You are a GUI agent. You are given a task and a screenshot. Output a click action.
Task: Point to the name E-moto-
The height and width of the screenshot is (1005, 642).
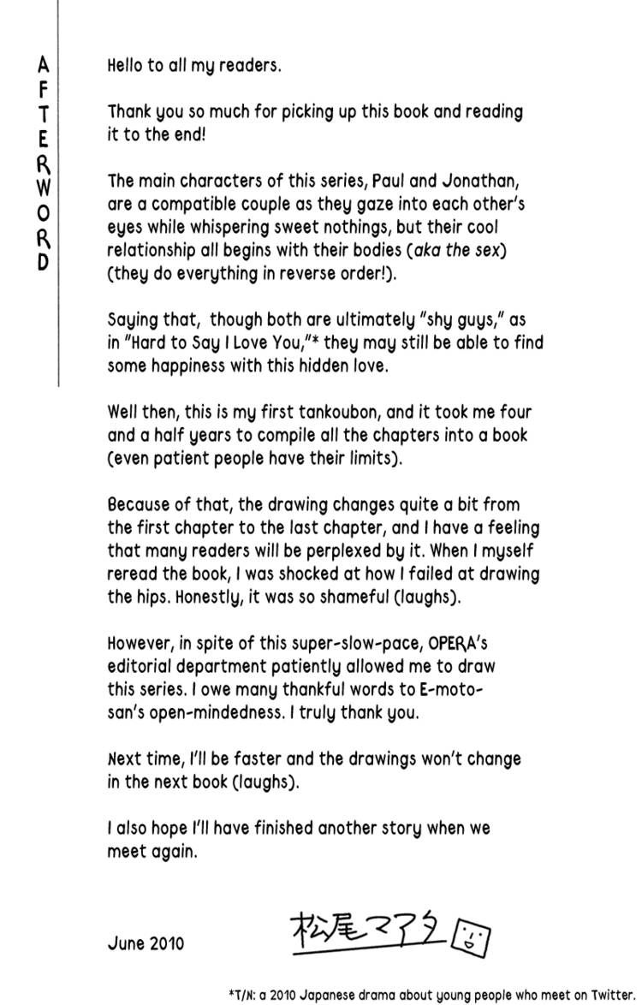[462, 690]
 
